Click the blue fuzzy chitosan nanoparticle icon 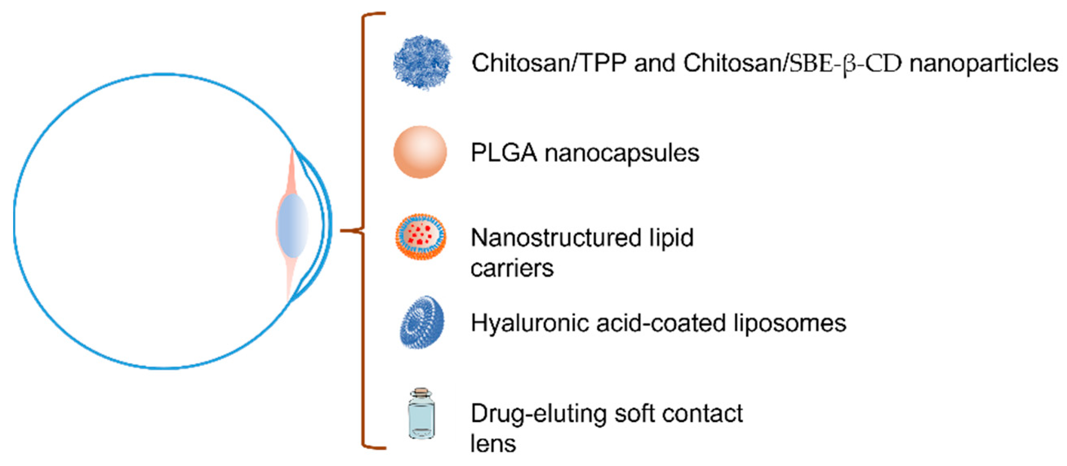[422, 62]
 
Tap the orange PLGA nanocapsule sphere [420, 152]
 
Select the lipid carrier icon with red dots [421, 237]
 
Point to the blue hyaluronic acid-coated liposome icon [421, 322]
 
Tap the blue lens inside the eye [293, 226]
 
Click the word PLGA [504, 153]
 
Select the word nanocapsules [622, 153]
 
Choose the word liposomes [789, 323]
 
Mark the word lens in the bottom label [493, 444]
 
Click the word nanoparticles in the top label [984, 63]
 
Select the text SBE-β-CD [845, 63]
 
